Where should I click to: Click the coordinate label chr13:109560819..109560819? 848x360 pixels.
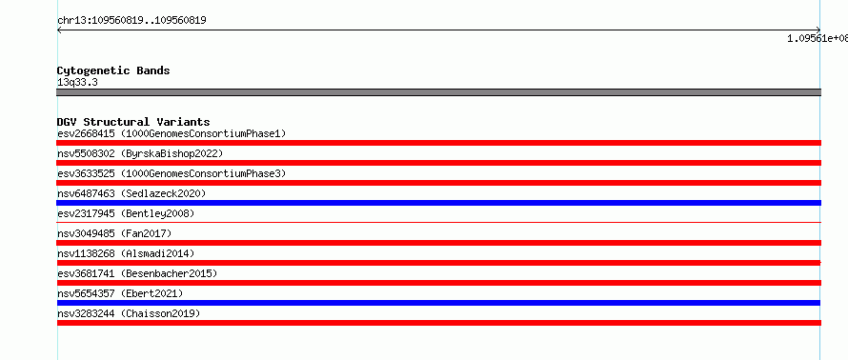131,21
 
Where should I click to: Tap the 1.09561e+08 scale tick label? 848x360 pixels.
818,38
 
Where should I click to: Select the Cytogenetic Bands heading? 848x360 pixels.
113,70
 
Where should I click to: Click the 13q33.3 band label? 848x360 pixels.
77,83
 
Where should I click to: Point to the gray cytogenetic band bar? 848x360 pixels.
438,92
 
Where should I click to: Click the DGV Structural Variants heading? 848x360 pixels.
133,122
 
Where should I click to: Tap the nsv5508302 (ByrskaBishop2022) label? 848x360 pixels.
140,153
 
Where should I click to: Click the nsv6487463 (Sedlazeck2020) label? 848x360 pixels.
131,193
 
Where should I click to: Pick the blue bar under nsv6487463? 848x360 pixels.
438,203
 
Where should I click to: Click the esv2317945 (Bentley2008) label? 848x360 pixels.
126,213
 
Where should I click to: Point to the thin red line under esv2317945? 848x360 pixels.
438,222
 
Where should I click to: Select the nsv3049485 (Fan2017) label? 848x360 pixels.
114,233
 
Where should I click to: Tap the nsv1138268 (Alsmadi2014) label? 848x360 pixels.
126,253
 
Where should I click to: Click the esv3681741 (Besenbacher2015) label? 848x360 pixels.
137,273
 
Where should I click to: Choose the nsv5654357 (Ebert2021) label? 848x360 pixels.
120,293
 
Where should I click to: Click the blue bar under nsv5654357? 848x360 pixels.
438,303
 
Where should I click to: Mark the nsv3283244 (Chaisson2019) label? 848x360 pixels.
129,313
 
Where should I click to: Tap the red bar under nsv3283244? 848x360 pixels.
438,323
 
